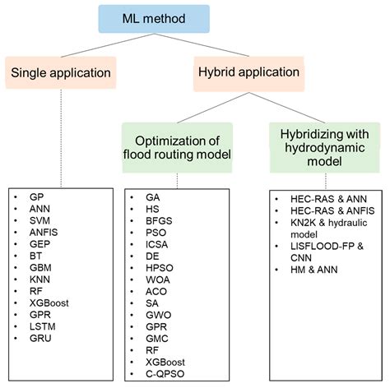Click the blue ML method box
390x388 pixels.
(x=154, y=19)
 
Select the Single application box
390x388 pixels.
(x=61, y=72)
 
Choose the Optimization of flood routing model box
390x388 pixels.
(x=177, y=148)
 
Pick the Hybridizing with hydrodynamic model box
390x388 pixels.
(x=325, y=148)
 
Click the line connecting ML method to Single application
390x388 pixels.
(x=107, y=45)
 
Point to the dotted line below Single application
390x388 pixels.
(x=61, y=138)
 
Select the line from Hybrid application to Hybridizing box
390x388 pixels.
(x=287, y=108)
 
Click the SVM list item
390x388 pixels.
(x=39, y=220)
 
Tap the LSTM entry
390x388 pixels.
(x=43, y=326)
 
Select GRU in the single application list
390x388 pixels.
(x=40, y=339)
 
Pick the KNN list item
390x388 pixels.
(x=39, y=279)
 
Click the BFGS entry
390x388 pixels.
(x=159, y=221)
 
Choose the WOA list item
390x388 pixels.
(x=158, y=279)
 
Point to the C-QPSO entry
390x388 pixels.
(x=165, y=374)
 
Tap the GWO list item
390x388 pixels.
(x=159, y=315)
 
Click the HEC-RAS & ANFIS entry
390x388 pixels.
(x=332, y=210)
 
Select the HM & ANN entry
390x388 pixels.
(x=314, y=270)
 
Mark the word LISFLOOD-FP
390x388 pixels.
(x=323, y=246)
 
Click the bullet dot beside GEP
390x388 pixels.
(x=16, y=244)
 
